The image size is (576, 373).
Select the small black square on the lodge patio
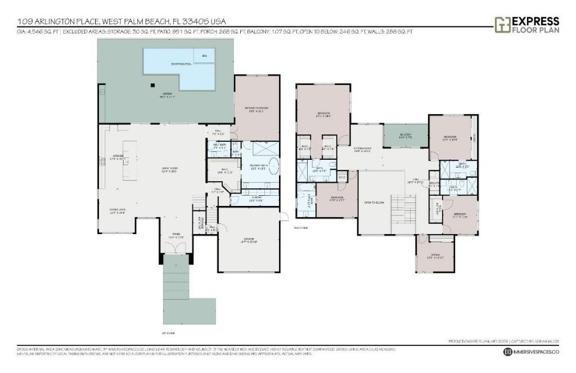(152, 86)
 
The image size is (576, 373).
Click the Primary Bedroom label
(256, 109)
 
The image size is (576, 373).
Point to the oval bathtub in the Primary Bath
(273, 167)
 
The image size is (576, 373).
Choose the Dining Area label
(117, 212)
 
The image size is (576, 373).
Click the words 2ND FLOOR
(301, 228)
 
